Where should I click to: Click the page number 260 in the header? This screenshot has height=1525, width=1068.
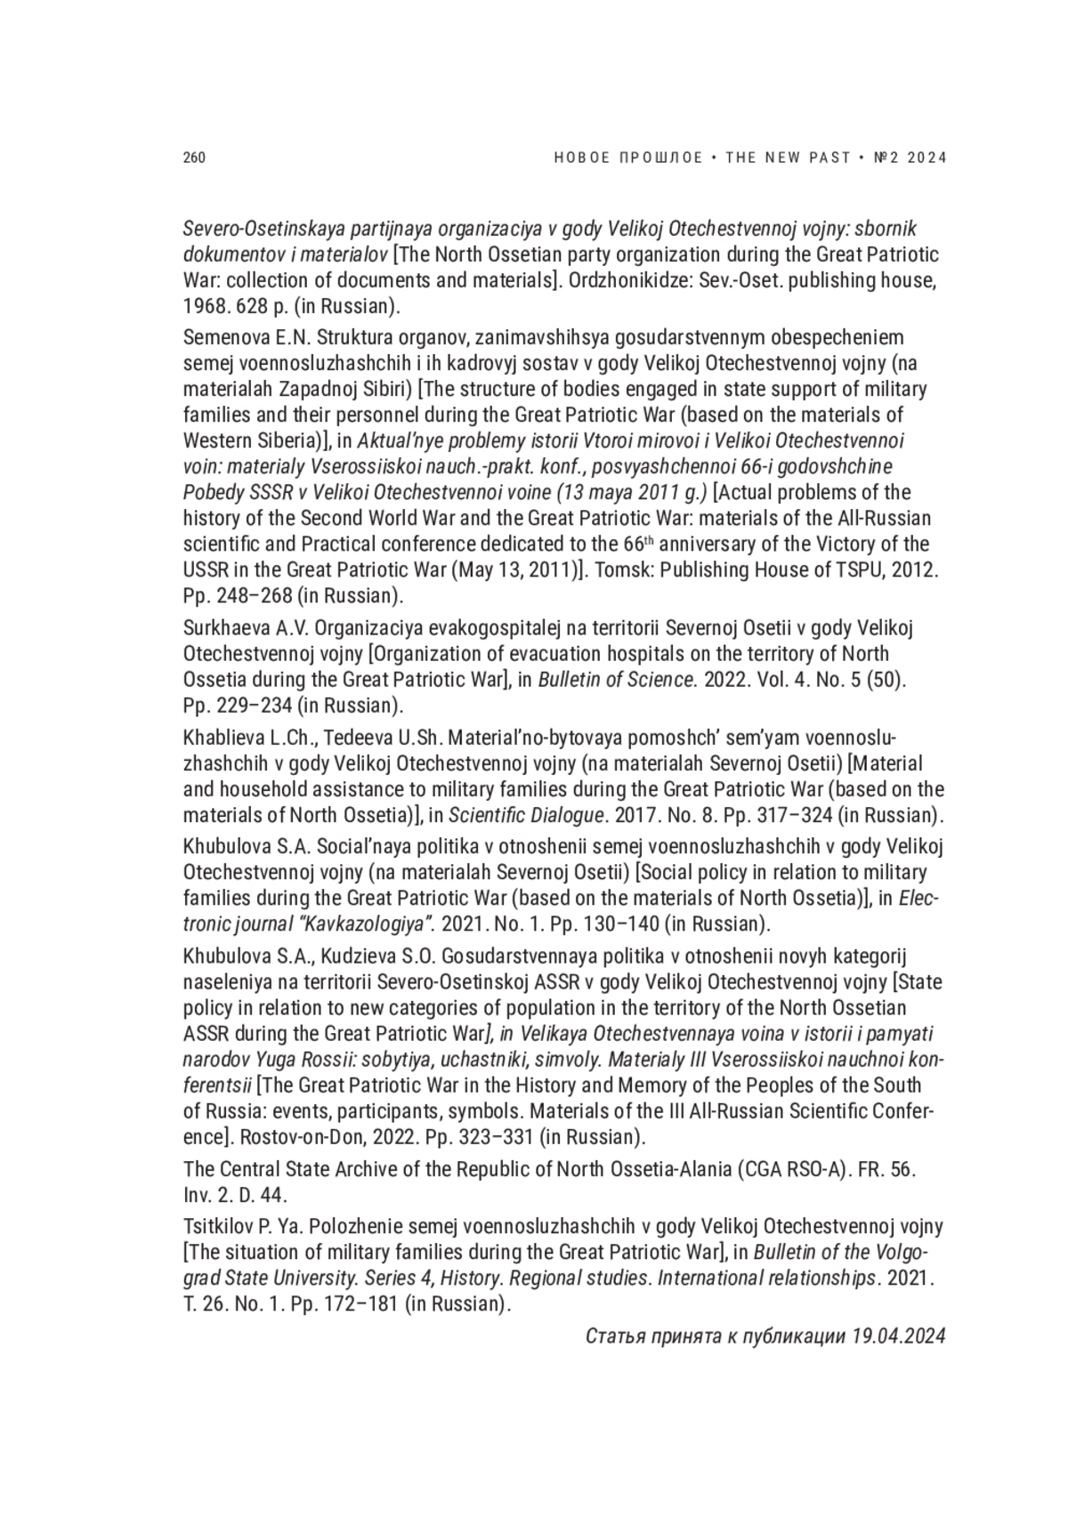tap(194, 158)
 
